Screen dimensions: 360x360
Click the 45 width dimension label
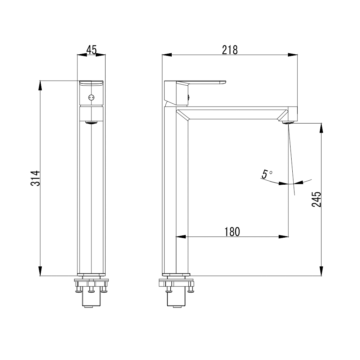91,50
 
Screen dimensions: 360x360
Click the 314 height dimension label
35,178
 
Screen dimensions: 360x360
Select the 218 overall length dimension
230,50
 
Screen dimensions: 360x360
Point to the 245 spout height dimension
316,199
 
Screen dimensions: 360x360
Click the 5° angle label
267,174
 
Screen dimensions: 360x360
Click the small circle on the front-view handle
91,98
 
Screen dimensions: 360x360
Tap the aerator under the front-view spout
91,122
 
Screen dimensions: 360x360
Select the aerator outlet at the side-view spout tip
288,122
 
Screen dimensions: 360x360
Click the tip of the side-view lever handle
225,82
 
